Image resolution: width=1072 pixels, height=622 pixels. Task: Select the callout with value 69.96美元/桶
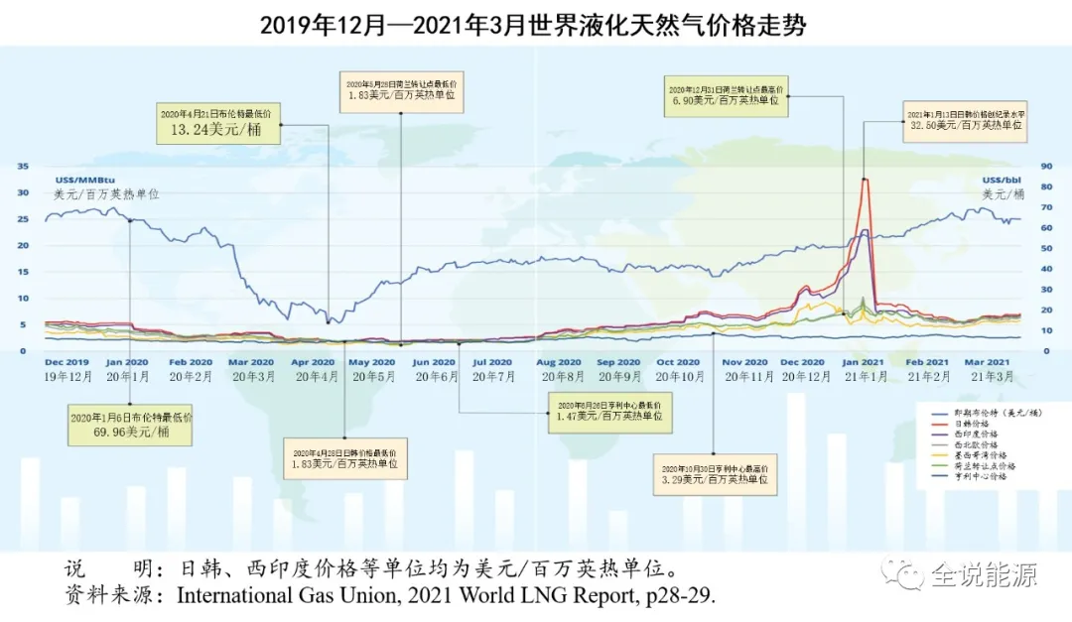(x=130, y=425)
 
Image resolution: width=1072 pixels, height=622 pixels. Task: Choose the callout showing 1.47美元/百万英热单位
(x=608, y=412)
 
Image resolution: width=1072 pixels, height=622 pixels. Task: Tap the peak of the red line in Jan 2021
(x=865, y=179)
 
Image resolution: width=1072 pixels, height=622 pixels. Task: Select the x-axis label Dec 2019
(x=67, y=362)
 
